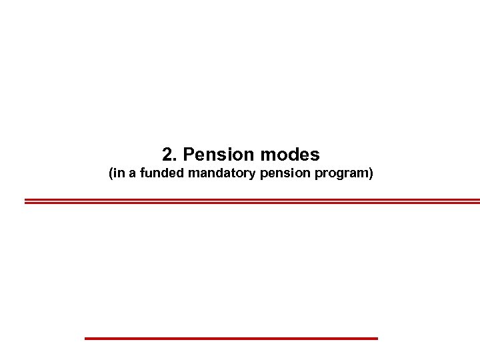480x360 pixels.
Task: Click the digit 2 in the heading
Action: [x=167, y=155]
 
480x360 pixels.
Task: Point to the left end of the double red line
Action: [x=26, y=201]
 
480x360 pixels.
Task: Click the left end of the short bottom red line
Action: [x=86, y=339]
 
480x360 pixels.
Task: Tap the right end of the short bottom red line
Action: [x=377, y=339]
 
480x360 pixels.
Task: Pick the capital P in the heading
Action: [x=189, y=155]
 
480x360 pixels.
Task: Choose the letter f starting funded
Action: [x=143, y=175]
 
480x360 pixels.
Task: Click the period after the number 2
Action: [x=175, y=161]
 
